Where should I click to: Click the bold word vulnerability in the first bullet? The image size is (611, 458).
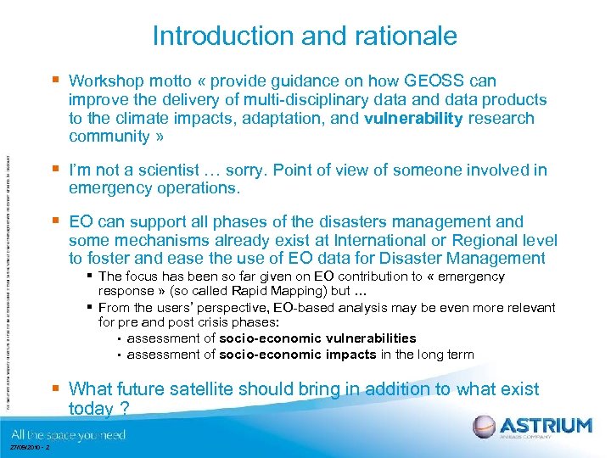413,119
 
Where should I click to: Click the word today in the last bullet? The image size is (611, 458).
90,409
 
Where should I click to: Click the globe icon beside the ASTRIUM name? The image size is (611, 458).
485,426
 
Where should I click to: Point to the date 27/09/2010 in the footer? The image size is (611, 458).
24,448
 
